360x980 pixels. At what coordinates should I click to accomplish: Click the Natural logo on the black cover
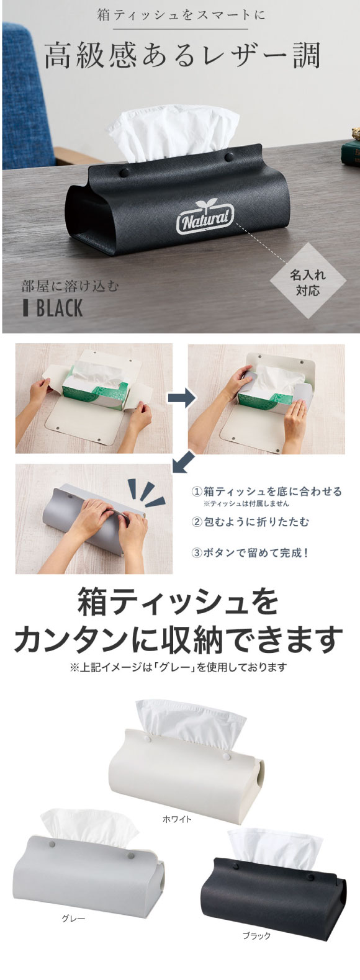point(205,217)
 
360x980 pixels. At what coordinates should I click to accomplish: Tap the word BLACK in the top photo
point(60,308)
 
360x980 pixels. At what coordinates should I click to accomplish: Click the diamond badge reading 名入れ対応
point(307,282)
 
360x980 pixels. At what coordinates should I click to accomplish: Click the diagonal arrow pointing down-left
point(184,462)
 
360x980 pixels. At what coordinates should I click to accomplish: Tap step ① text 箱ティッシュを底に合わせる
point(266,492)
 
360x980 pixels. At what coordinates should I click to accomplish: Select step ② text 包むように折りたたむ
point(250,522)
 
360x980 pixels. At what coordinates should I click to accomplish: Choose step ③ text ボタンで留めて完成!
point(250,553)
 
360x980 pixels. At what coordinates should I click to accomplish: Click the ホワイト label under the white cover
point(177,819)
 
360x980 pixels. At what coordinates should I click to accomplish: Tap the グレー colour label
point(73,906)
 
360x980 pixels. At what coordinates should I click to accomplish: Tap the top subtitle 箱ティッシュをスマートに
point(181,16)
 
